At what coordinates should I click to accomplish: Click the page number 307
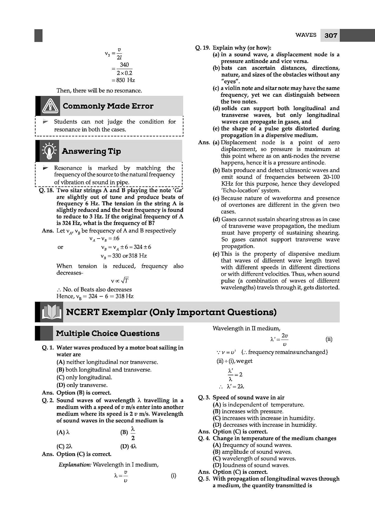[x=331, y=35]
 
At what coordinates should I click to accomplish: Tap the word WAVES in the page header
[x=306, y=35]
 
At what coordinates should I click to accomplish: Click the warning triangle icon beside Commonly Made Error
[x=50, y=106]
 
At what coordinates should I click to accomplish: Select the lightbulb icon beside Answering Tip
[x=49, y=151]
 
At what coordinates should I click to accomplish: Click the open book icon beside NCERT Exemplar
[x=51, y=312]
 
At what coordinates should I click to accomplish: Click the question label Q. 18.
[x=46, y=190]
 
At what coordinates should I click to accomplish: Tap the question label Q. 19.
[x=202, y=48]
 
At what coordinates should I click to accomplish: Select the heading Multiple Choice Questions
[x=108, y=333]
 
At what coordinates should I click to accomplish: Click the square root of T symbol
[x=125, y=281]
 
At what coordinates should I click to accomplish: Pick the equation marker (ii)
[x=329, y=339]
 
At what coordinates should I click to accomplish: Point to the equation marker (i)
[x=174, y=476]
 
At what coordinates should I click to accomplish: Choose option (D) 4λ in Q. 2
[x=129, y=446]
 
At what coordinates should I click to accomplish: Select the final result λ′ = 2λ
[x=235, y=386]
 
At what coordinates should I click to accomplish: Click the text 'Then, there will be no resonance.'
[x=99, y=91]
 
